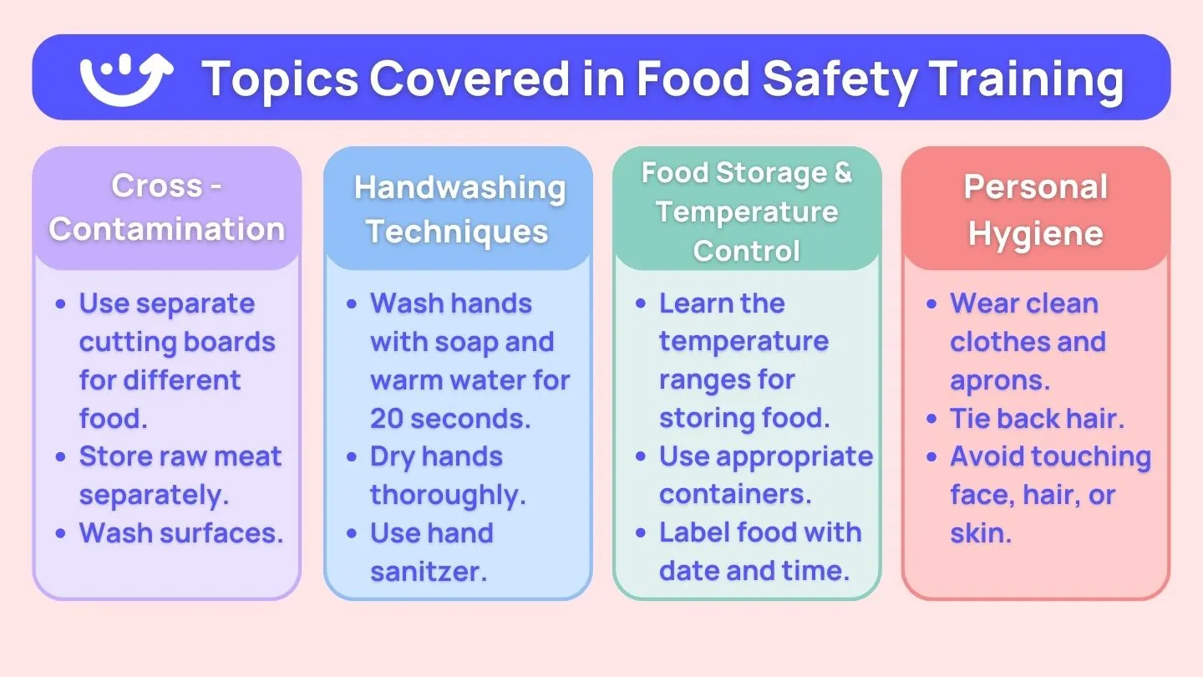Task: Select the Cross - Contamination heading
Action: [x=167, y=207]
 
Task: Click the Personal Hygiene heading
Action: [x=1036, y=210]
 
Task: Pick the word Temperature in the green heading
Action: [x=746, y=211]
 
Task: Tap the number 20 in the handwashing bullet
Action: [x=387, y=418]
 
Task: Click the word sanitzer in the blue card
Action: [x=428, y=572]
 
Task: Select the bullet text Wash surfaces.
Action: [x=181, y=533]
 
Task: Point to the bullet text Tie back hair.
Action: [x=1037, y=418]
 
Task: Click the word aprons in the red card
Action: [x=999, y=380]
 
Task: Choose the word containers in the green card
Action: [x=734, y=495]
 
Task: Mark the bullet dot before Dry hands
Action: [x=353, y=458]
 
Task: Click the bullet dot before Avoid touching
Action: [x=932, y=458]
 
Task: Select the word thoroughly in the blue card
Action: [x=447, y=495]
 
